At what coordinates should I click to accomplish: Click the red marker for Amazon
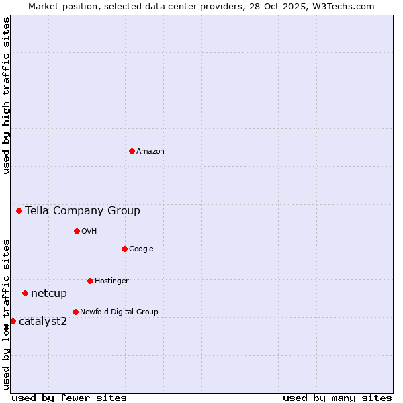click(132, 151)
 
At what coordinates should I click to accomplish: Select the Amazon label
click(150, 152)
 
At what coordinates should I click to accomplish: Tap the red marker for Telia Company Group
click(19, 210)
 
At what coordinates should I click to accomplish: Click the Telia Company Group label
click(83, 211)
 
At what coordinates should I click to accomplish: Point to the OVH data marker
click(77, 231)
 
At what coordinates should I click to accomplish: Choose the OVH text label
click(89, 232)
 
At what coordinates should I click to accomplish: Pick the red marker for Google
click(124, 249)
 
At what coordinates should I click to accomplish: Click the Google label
click(141, 249)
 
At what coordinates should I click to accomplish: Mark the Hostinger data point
click(90, 281)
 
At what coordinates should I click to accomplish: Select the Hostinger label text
click(111, 281)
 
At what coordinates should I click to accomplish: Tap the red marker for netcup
click(25, 293)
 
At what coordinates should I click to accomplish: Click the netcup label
click(49, 294)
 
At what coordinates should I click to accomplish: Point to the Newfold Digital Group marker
click(75, 312)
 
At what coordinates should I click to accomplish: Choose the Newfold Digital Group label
click(119, 312)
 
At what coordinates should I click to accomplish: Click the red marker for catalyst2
click(13, 321)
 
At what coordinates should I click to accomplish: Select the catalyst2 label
click(43, 322)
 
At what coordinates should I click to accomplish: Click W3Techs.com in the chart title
click(345, 6)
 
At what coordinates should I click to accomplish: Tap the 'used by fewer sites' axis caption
click(69, 398)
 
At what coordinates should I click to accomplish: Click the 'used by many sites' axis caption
click(337, 398)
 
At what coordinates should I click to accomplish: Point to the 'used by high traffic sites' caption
click(6, 95)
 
